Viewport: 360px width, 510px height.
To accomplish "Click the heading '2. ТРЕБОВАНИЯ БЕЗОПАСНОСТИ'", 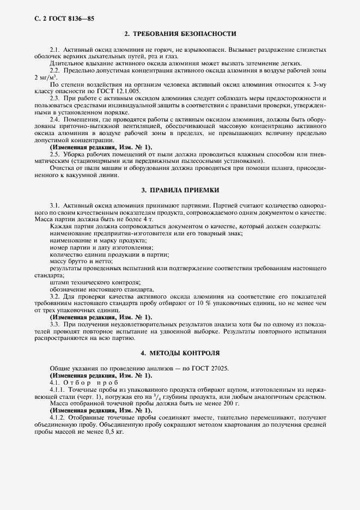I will click(180, 34).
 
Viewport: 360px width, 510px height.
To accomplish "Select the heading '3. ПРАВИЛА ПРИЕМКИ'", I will click(180, 191).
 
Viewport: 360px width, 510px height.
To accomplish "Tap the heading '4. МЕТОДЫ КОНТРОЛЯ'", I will click(180, 353).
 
